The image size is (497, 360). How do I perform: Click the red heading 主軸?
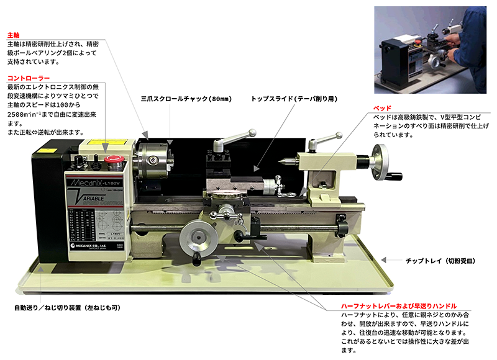[13, 35]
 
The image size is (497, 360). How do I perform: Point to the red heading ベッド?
[381, 108]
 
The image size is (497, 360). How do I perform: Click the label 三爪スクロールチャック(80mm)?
[186, 99]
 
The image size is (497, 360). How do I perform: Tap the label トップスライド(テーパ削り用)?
[294, 99]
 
